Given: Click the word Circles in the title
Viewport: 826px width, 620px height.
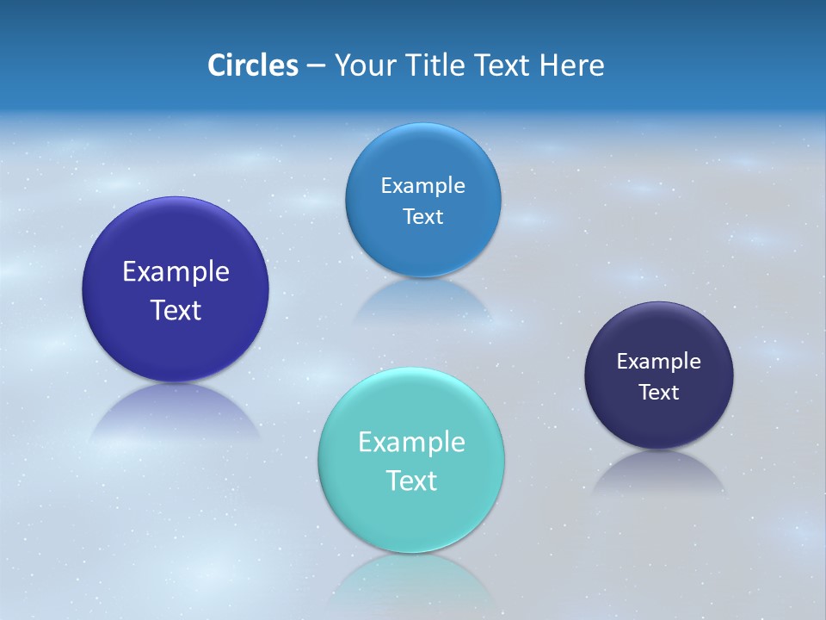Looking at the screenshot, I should pos(252,65).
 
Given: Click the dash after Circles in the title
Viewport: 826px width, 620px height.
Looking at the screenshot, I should pos(315,66).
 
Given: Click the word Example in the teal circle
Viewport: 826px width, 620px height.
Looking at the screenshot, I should pos(411,443).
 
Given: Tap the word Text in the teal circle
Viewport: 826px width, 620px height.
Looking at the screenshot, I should pos(411,480).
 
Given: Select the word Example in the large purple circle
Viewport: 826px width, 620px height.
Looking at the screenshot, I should pos(176,272).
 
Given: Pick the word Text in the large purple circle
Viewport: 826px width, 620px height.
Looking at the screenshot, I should pos(176,310).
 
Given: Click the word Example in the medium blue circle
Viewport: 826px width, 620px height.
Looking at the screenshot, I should pos(422,186).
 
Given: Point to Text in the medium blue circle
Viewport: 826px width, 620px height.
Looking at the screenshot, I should pos(422,217).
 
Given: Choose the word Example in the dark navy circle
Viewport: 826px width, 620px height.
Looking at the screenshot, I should pos(658,362).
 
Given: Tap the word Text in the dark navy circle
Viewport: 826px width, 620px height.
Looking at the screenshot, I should pos(658,393).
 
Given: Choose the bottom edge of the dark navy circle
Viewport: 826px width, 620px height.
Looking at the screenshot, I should pos(658,443).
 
